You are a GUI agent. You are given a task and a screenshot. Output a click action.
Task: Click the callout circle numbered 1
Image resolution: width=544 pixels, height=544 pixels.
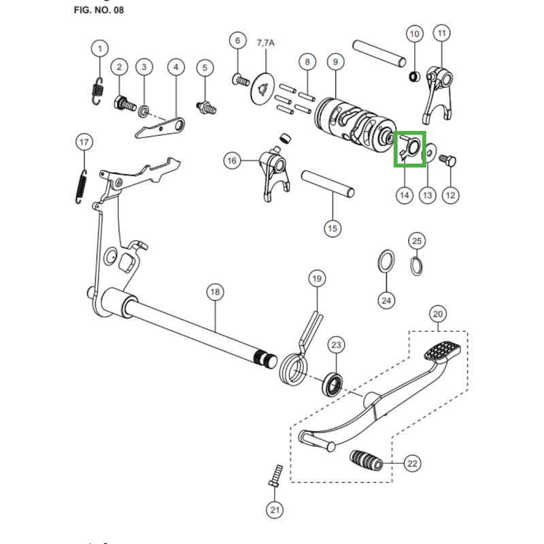pos(100,48)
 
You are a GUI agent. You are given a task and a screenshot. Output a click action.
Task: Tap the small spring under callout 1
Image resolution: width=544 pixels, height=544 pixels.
pos(98,91)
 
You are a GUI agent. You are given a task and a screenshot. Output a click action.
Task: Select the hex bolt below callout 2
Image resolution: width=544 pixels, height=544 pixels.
pos(125,103)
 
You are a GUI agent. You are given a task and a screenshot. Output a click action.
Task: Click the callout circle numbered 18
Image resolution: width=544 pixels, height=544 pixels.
pos(215,292)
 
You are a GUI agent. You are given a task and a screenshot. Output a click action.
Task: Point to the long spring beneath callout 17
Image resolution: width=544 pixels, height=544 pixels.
pos(81,187)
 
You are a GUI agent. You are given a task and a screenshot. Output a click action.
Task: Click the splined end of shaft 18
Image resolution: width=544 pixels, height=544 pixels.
pos(266,360)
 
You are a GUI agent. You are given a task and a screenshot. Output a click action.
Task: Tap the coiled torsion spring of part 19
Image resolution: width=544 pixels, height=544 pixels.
pos(294,370)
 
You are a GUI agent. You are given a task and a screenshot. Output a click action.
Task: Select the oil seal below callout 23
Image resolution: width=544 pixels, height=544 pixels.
pos(333,384)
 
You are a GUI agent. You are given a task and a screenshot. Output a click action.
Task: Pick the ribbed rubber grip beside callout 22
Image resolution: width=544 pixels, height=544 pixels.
pos(367,460)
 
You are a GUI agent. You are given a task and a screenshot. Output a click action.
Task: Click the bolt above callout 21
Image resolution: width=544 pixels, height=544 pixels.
pos(275,476)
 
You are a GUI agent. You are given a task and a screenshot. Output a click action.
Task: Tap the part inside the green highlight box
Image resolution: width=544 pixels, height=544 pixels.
pos(410,147)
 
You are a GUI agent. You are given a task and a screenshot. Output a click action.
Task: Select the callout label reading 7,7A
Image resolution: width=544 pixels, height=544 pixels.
pos(266,43)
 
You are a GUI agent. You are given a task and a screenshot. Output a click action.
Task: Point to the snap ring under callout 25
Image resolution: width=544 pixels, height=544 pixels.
pos(416,265)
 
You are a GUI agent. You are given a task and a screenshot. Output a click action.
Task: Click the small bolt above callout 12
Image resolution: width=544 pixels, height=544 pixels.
pos(447,160)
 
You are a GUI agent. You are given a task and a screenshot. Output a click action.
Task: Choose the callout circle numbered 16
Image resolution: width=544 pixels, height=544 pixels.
pos(232,160)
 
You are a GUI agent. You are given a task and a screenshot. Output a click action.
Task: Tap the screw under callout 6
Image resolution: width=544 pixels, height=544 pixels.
pos(241,81)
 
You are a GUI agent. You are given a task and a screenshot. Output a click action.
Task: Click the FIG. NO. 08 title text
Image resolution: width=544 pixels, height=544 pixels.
pos(99,10)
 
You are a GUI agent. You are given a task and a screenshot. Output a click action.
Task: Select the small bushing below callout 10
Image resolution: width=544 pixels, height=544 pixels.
pos(415,76)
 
